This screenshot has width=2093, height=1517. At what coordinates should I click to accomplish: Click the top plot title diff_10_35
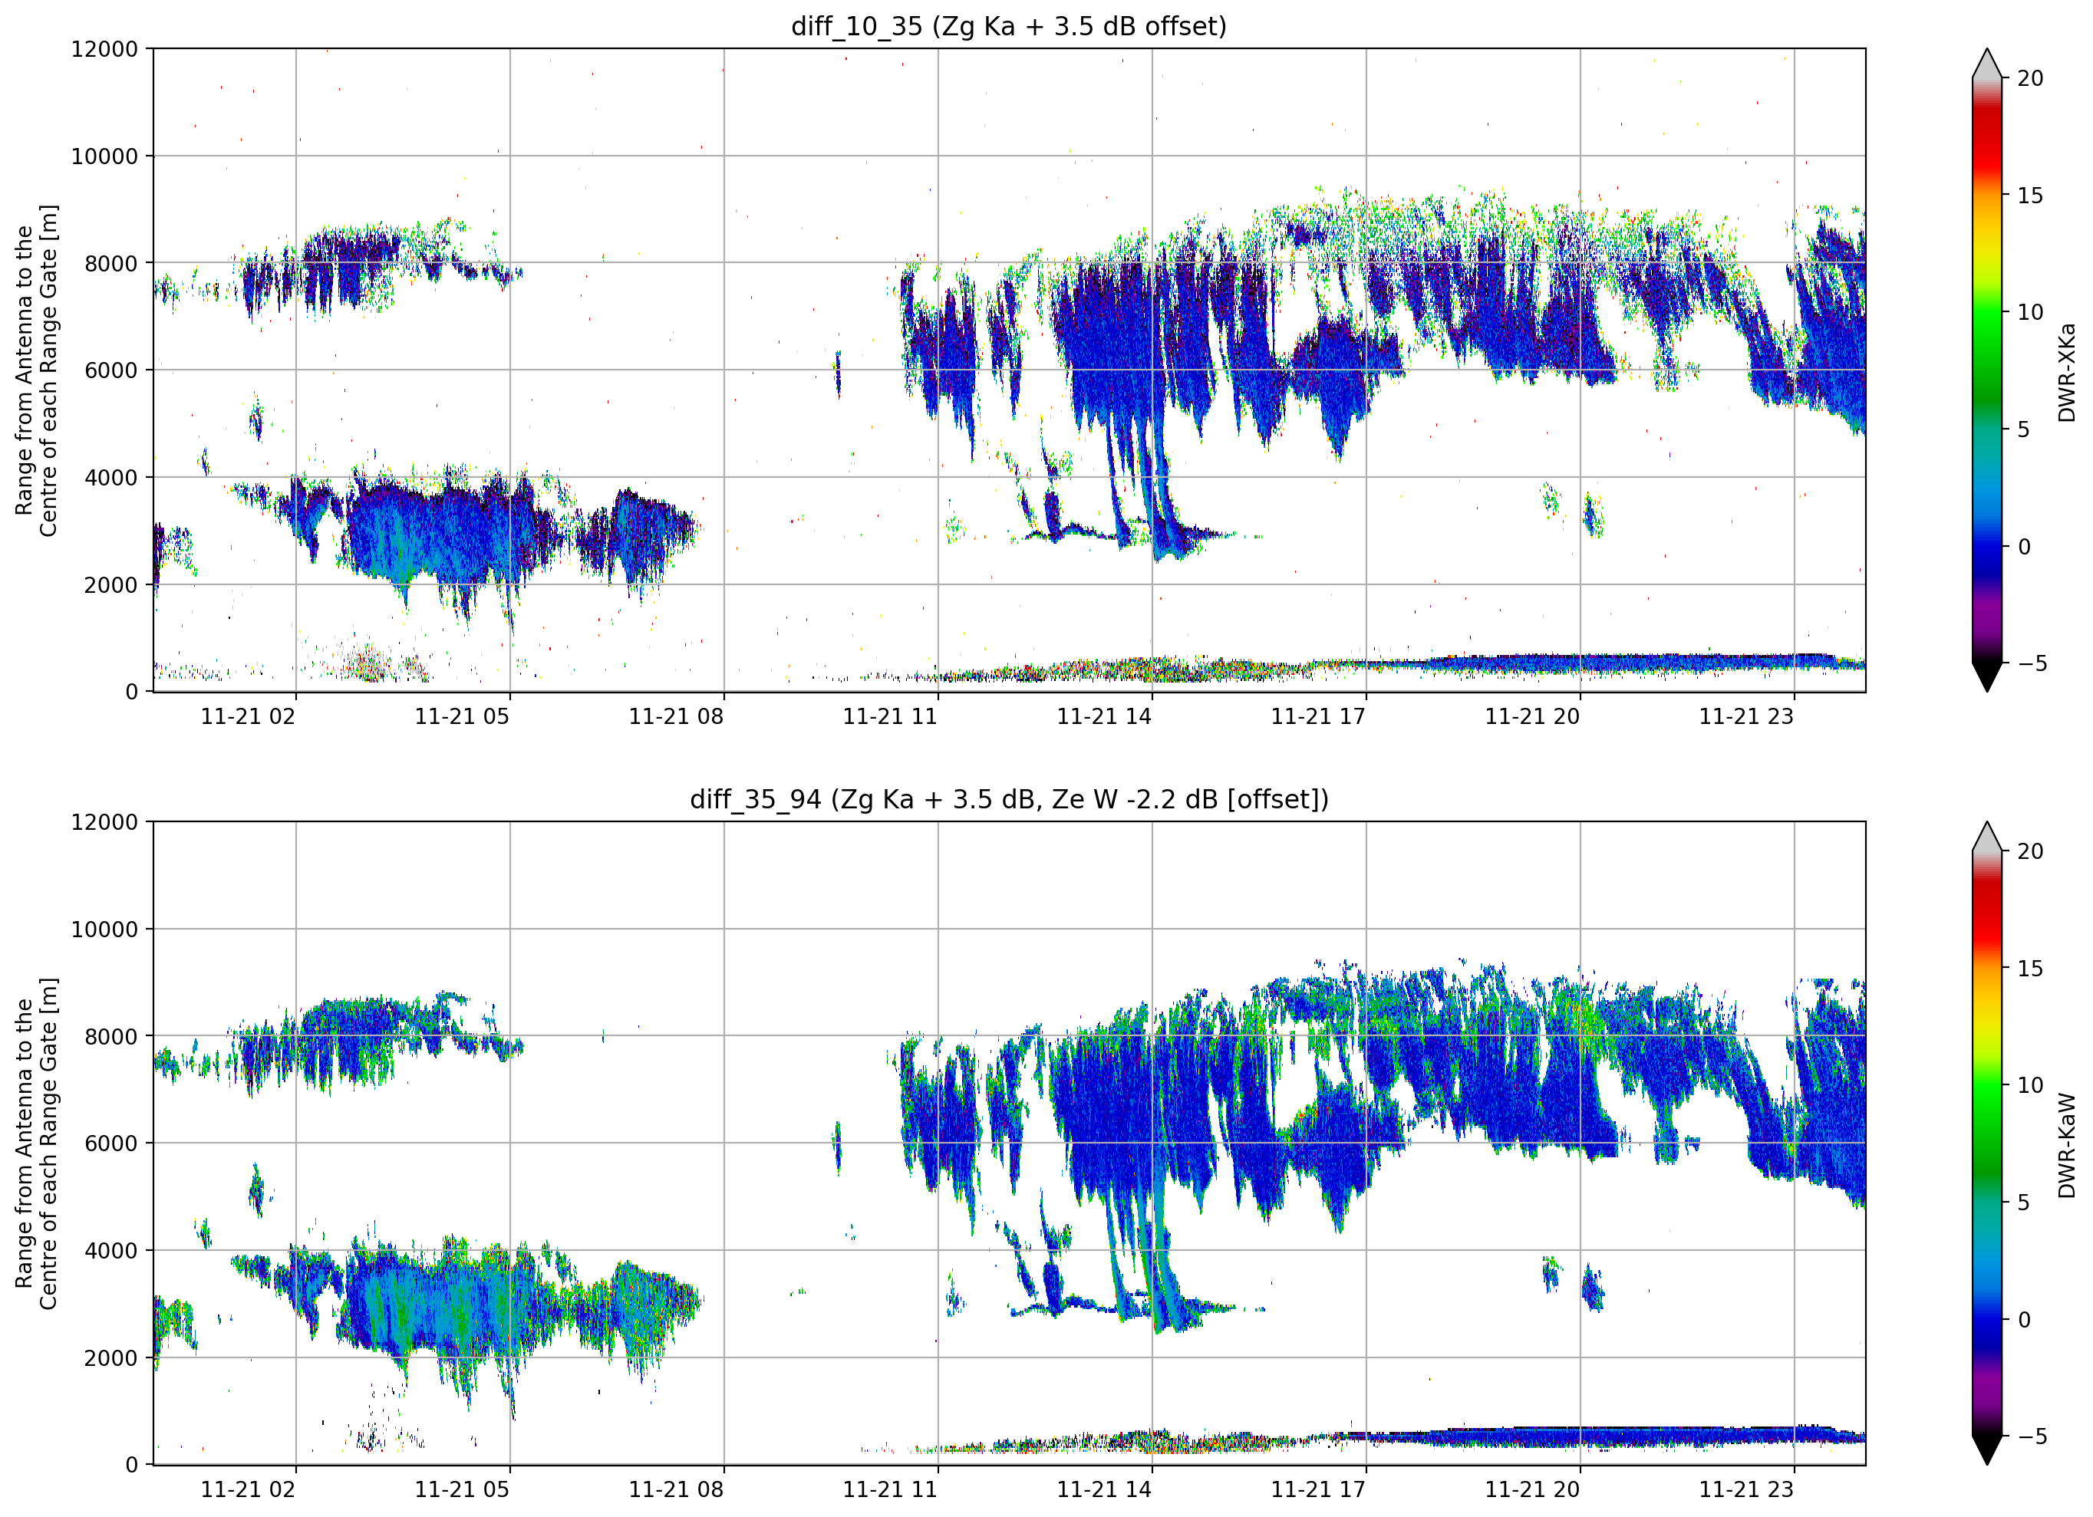coord(856,27)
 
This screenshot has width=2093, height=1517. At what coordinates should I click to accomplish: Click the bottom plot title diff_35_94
coord(755,799)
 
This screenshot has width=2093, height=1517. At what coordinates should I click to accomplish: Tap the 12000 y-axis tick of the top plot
coord(104,49)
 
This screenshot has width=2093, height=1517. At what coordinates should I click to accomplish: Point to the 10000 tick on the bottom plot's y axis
coord(104,930)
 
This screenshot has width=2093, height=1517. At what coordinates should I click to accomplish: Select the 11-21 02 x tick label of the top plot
coord(249,716)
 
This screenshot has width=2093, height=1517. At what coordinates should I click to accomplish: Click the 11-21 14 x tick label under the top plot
coord(1104,716)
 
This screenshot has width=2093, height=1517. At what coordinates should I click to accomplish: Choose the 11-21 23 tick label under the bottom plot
coord(1746,1489)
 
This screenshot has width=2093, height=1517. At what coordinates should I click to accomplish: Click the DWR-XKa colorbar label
coord(2066,372)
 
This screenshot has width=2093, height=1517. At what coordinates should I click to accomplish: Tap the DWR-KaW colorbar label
coord(2066,1145)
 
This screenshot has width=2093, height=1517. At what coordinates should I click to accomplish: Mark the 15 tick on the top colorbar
coord(2029,196)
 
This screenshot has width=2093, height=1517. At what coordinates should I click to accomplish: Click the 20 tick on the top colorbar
coord(2029,78)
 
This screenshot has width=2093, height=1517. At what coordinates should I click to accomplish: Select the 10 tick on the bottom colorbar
coord(2029,1085)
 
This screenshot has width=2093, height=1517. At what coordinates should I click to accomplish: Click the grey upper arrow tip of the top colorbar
coord(1987,49)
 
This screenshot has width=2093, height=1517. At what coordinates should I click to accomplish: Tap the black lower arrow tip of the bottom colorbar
coord(1987,1464)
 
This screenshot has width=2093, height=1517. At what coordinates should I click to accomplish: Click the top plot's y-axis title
coord(36,370)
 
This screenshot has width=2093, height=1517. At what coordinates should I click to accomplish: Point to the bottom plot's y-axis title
coord(36,1144)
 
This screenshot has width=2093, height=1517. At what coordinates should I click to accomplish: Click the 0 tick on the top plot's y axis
coord(132,692)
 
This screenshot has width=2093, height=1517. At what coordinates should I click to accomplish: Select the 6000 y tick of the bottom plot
coord(110,1144)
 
